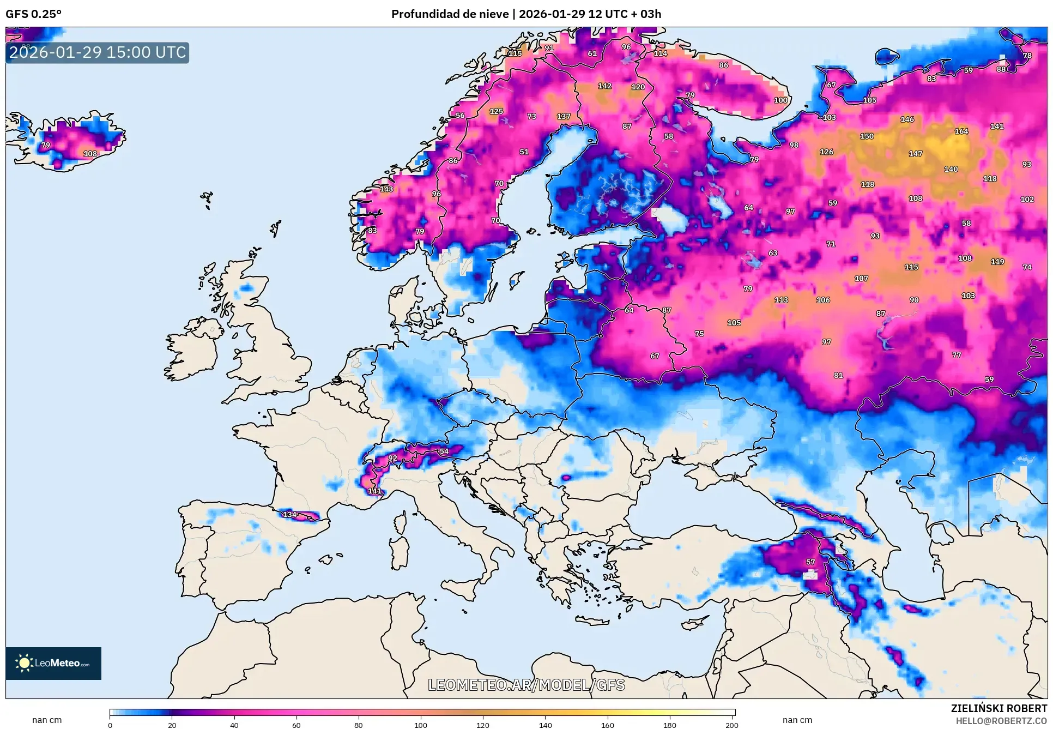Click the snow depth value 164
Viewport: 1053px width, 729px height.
(961, 131)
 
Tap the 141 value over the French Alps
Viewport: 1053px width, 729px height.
(375, 491)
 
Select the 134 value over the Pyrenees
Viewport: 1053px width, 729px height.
(289, 514)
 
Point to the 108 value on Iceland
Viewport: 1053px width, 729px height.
(90, 154)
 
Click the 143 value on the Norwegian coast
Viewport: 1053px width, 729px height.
(386, 189)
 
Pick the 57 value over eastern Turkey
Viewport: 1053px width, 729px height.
(810, 562)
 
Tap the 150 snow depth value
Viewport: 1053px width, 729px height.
(867, 136)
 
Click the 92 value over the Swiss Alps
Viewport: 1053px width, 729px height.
(392, 457)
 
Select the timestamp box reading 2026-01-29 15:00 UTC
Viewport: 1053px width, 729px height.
(98, 52)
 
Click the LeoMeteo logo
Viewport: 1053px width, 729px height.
(53, 663)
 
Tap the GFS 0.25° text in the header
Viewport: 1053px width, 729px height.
(33, 14)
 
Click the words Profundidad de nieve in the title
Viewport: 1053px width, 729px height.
(450, 14)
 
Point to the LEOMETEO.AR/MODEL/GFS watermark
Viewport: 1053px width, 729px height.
(526, 685)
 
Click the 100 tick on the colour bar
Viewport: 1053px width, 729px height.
(420, 725)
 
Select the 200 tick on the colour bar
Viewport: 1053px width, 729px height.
(731, 725)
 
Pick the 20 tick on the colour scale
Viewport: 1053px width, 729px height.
(172, 725)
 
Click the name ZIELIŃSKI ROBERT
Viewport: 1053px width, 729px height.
(998, 708)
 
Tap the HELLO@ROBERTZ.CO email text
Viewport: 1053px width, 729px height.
(1001, 721)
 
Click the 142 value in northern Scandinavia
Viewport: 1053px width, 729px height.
(604, 86)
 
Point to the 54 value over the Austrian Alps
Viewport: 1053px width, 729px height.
(444, 451)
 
